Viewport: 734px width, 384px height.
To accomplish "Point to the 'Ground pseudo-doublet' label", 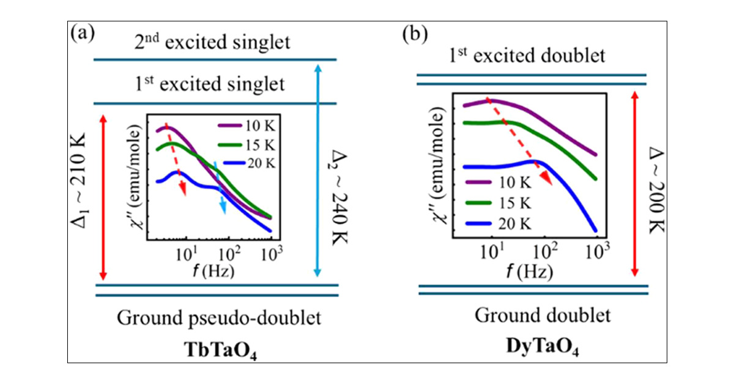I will point(219,318).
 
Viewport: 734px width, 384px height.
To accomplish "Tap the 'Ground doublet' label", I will point(543,316).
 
